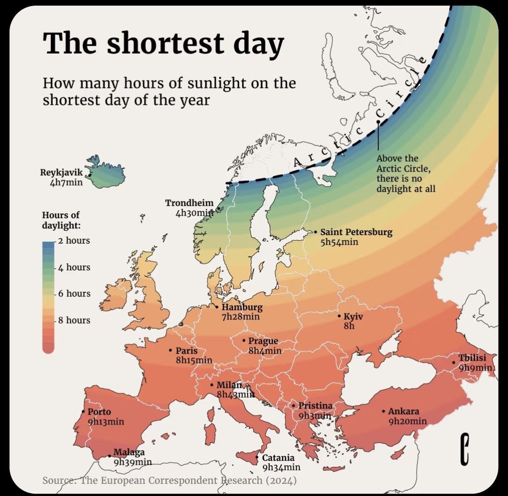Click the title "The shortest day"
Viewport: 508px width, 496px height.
tap(163, 43)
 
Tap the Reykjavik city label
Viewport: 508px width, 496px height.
tap(61, 172)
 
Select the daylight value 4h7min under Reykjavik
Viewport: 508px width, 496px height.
tap(66, 182)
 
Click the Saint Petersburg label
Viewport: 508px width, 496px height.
tap(356, 232)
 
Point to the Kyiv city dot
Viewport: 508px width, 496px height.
tap(339, 317)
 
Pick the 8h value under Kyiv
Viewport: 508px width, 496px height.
tap(349, 326)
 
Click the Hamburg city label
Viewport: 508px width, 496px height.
tap(242, 307)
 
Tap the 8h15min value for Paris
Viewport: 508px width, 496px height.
tap(194, 360)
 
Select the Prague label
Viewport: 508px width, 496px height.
tap(263, 341)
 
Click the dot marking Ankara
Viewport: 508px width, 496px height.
tap(383, 411)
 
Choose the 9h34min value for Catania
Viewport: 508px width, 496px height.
tap(281, 467)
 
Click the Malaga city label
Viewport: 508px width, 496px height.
tap(129, 452)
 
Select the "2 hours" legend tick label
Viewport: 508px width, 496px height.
tap(74, 240)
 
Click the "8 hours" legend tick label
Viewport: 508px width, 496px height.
tap(74, 320)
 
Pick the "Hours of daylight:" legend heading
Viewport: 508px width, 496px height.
tap(61, 220)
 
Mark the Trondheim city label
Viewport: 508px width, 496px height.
tap(189, 203)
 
